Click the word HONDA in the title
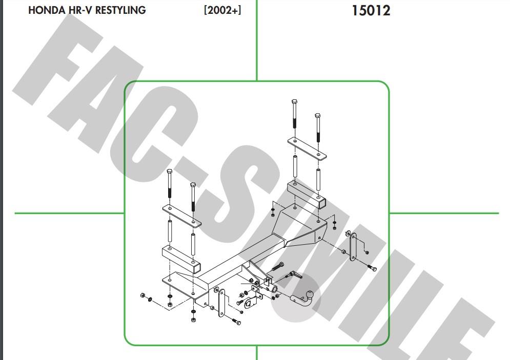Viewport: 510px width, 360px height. click(47, 10)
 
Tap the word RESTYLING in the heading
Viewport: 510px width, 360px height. click(120, 10)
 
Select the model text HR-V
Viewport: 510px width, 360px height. click(80, 10)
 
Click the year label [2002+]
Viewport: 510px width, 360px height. click(222, 10)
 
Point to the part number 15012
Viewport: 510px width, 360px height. click(371, 11)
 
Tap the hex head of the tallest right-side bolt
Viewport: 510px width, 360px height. click(294, 101)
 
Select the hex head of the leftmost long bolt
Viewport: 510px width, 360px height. click(169, 171)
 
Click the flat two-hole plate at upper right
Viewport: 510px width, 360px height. click(307, 149)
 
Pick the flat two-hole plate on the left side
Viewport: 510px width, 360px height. click(182, 216)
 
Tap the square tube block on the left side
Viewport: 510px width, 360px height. click(181, 259)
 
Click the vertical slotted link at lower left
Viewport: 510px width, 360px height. click(221, 303)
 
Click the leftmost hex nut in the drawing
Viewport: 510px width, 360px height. click(142, 295)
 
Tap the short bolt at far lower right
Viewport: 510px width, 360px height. click(372, 268)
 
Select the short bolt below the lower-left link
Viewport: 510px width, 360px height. click(236, 321)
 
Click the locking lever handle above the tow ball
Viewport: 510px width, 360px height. click(295, 275)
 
